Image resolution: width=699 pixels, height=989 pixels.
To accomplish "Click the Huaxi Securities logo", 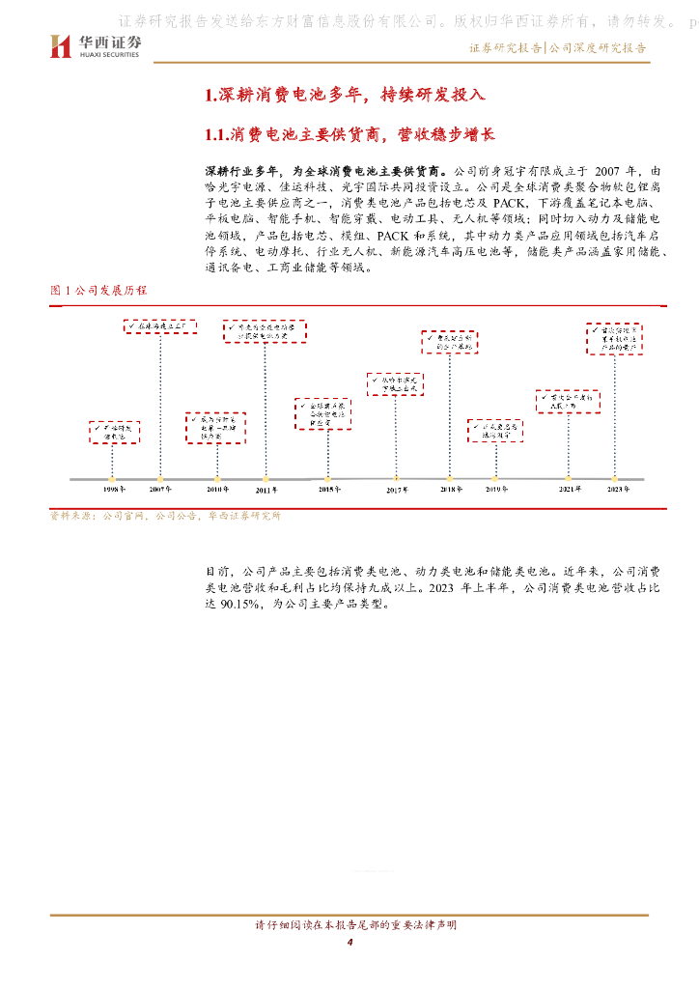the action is (x=95, y=45).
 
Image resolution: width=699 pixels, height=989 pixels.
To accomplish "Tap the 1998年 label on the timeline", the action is (x=114, y=490).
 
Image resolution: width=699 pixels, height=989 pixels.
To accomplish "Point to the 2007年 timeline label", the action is (x=161, y=490).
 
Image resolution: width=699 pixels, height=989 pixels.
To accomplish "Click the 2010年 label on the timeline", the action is (x=218, y=490).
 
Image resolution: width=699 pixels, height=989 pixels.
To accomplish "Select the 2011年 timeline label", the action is (x=266, y=491).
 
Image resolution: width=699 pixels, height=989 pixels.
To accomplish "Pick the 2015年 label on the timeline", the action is (x=330, y=490).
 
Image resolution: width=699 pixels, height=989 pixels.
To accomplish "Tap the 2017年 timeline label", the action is (x=397, y=491).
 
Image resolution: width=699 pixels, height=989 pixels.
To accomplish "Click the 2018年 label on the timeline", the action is (x=450, y=490).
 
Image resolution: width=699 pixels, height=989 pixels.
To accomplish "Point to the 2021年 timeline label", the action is (x=570, y=490).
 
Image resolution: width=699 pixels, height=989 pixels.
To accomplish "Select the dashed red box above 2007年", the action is (x=160, y=326).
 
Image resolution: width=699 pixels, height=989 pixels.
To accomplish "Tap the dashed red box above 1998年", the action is (x=115, y=432).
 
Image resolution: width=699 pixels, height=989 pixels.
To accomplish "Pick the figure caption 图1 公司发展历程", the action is (x=98, y=290).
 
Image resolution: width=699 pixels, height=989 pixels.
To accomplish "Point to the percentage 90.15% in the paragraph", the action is (x=239, y=606).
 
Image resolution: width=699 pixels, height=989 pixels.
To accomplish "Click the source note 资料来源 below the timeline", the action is (x=165, y=516).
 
